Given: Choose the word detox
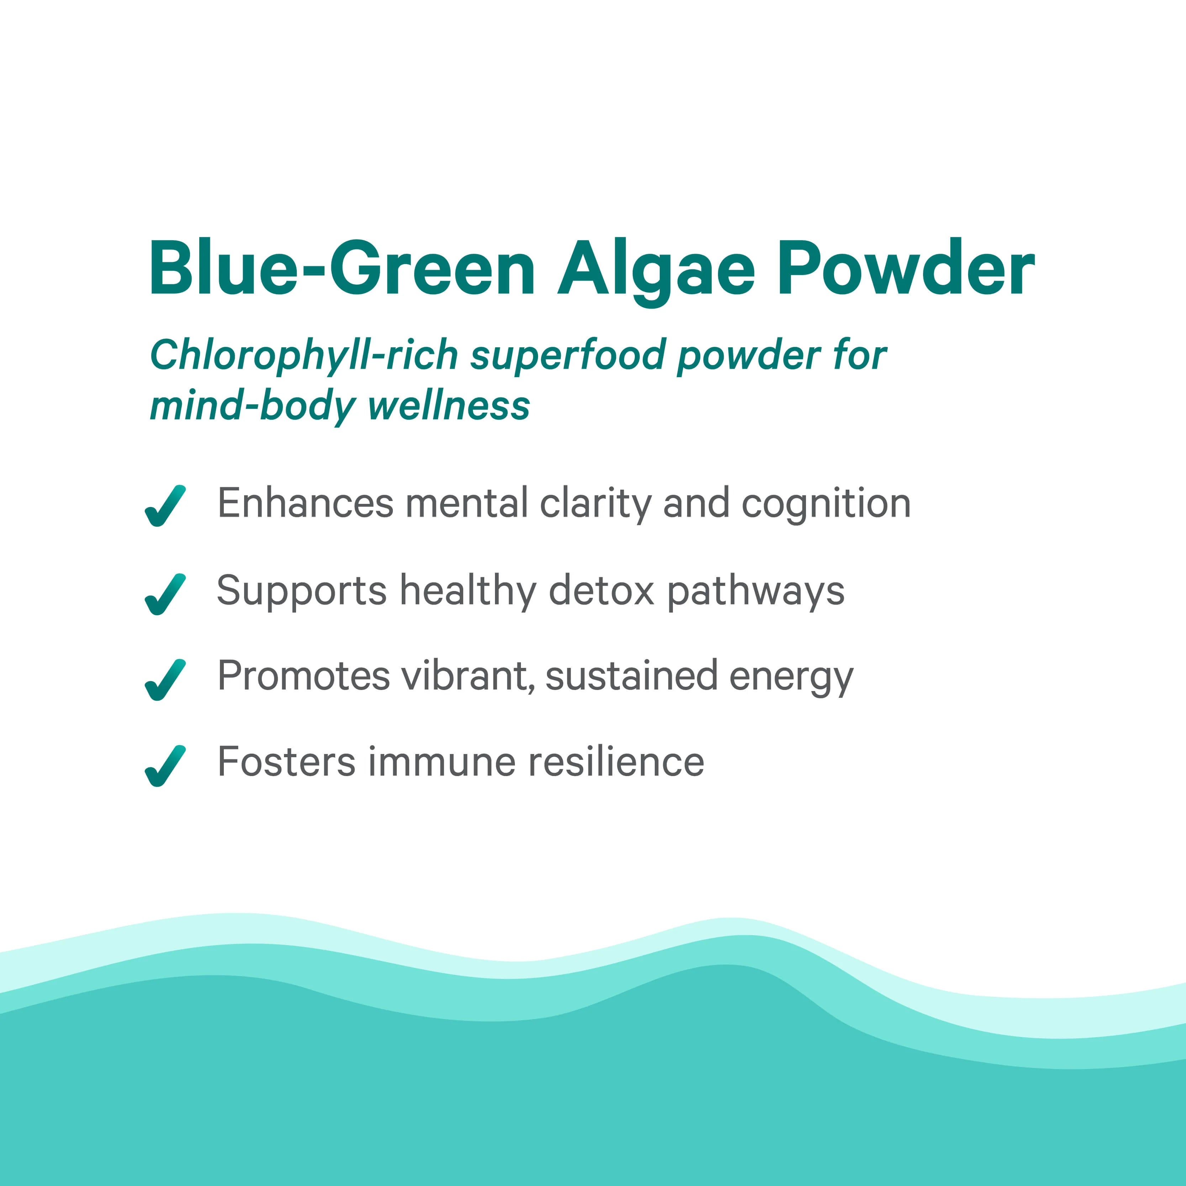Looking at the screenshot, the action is [602, 591].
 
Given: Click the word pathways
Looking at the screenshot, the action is [756, 592].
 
